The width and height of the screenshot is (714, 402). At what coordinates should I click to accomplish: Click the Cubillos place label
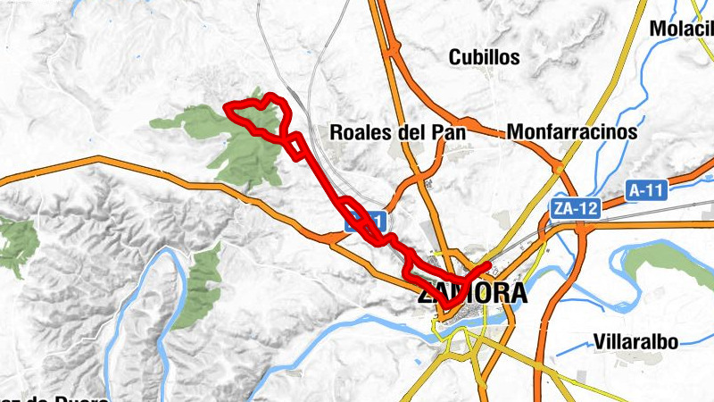[484, 57]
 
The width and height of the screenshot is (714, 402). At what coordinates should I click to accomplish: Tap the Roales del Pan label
[398, 132]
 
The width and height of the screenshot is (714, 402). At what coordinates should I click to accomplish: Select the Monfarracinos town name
[572, 132]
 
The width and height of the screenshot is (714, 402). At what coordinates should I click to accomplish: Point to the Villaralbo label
[635, 341]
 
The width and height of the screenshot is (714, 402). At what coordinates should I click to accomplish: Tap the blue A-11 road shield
[646, 190]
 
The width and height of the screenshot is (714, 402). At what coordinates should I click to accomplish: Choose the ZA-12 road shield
[573, 208]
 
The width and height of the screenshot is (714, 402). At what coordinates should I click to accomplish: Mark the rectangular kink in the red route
[295, 147]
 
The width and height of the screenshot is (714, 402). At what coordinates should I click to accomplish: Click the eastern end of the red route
[487, 265]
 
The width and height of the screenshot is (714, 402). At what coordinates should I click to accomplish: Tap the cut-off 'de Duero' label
[54, 398]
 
